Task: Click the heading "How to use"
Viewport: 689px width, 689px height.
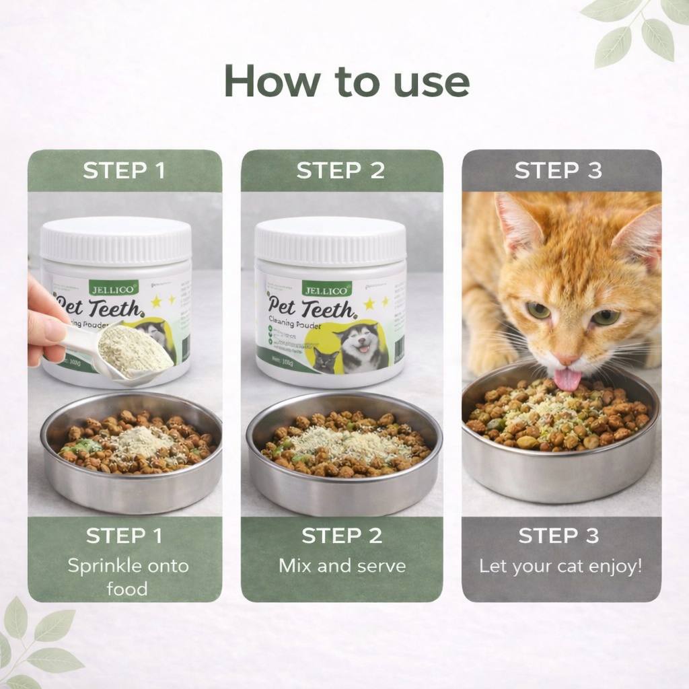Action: [x=346, y=82]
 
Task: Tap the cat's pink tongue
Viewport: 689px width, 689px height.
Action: [x=567, y=379]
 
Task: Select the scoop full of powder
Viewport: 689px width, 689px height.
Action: [x=135, y=350]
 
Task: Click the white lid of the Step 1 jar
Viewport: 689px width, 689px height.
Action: [x=116, y=240]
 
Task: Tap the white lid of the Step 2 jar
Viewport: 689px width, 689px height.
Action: [x=330, y=240]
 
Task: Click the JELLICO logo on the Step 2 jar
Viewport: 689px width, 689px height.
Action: [x=326, y=289]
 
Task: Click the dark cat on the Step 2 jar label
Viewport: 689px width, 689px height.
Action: [x=326, y=360]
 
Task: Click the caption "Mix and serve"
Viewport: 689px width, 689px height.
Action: [x=342, y=565]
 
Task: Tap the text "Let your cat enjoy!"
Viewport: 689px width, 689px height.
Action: [x=560, y=566]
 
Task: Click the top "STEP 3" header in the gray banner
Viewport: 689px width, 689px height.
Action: [x=558, y=171]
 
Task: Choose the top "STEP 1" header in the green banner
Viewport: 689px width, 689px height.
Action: [x=124, y=171]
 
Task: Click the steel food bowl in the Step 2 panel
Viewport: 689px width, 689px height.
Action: [x=343, y=478]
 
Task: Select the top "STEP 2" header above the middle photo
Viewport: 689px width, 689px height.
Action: [x=340, y=171]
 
